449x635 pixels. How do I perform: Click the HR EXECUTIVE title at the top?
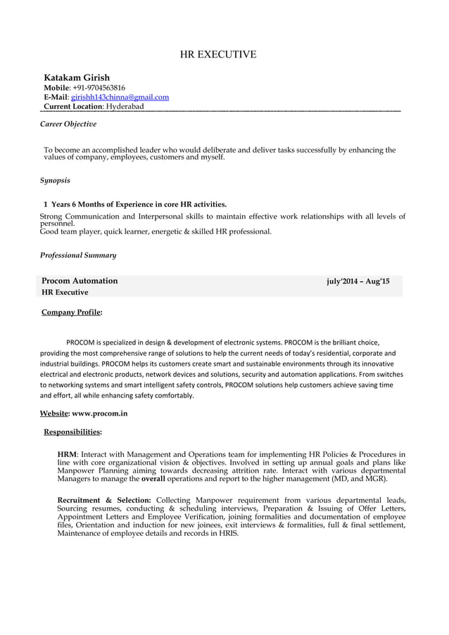218,55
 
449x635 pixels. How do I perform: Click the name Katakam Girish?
77,77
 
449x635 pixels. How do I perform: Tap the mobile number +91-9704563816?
99,88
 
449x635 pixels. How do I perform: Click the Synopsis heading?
55,181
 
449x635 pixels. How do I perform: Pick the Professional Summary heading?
78,255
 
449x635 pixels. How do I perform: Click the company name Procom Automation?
80,281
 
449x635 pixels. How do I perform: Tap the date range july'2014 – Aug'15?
358,282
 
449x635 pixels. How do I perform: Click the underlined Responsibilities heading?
72,432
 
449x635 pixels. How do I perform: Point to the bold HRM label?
67,455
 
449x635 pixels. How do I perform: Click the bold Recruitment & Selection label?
104,501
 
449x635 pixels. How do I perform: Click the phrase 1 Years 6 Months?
85,204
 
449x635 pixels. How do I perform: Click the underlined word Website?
53,413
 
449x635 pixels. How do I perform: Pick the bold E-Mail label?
56,97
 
